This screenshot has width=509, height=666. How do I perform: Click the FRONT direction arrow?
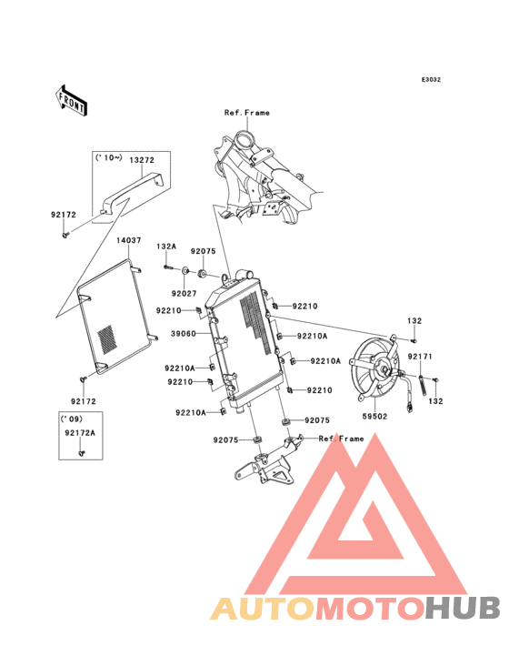point(71,100)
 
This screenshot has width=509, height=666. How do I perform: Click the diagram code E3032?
point(431,79)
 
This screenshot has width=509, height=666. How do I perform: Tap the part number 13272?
point(142,160)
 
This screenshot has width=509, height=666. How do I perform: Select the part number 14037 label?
point(128,240)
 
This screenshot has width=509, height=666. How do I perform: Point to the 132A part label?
point(166,247)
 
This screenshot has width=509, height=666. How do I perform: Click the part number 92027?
point(184,294)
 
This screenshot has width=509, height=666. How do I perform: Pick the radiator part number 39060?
point(184,334)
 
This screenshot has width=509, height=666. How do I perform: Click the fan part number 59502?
point(374,417)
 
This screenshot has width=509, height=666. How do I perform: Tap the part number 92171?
point(420,357)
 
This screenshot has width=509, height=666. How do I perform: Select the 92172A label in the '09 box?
point(80,433)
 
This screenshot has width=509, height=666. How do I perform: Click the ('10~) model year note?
point(109,158)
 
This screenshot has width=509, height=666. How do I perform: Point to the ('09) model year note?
point(71,419)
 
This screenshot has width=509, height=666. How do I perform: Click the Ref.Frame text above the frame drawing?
point(247,113)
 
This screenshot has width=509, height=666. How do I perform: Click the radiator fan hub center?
point(384,370)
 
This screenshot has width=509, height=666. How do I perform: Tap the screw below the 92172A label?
point(82,453)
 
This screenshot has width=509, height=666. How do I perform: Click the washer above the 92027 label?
point(185,270)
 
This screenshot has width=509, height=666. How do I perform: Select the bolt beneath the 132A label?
point(169,267)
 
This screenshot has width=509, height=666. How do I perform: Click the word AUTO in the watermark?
point(263,609)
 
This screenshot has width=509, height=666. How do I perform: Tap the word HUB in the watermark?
point(463,609)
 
